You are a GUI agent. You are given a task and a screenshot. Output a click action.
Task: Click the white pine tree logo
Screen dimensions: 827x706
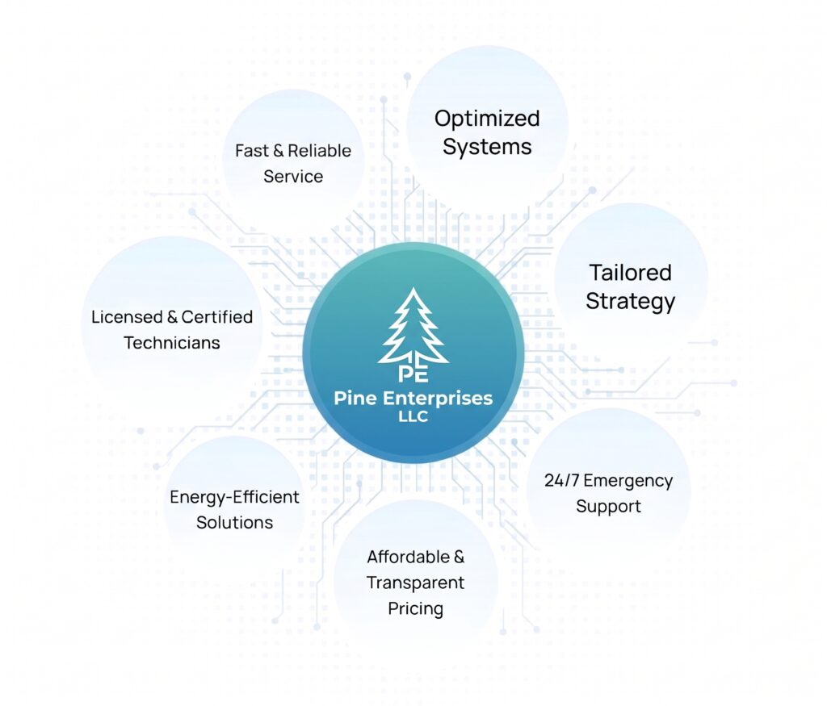coord(413,327)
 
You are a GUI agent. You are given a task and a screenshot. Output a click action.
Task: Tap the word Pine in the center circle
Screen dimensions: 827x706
coord(355,398)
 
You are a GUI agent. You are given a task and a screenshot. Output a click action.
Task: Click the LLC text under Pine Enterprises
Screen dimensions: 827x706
coord(413,416)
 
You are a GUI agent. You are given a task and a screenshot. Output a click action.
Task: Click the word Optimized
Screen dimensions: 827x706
coord(487,119)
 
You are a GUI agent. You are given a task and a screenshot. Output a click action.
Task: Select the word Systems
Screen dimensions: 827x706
coord(487,147)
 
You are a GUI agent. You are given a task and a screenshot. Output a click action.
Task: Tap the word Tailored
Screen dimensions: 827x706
coord(630,273)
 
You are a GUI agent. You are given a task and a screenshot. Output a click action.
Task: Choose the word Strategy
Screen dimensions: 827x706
coord(630,302)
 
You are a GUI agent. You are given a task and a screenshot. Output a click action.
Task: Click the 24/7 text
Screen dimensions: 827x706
coord(562,481)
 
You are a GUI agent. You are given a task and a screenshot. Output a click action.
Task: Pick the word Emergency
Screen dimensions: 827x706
coord(628,482)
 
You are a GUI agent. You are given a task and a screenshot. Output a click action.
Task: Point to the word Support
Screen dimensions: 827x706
coord(608,507)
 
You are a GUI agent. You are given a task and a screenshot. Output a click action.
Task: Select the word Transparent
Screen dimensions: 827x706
coord(416,583)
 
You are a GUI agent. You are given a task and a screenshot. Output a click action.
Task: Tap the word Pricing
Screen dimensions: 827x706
coord(416,609)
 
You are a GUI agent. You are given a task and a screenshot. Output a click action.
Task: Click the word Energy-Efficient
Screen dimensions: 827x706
coord(234,497)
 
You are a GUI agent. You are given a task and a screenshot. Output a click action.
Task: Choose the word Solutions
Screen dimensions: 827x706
coord(235,523)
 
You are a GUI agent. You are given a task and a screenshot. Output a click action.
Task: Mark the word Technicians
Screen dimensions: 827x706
coord(172,343)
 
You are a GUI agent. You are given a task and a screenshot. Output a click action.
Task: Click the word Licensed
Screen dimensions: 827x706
coord(127,317)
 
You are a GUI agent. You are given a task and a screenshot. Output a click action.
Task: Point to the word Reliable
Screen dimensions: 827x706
coord(319,151)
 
